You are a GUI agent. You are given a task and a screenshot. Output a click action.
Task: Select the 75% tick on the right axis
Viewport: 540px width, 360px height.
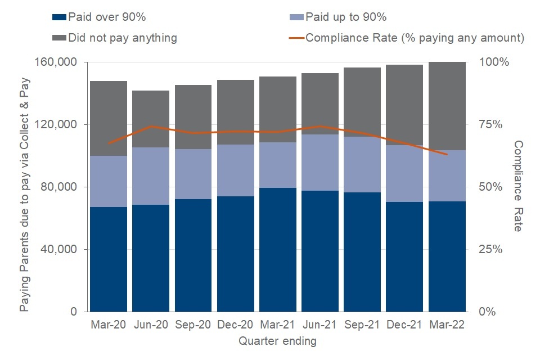coord(493,125)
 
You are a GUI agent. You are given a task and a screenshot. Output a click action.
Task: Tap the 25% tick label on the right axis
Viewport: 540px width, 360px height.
coord(493,249)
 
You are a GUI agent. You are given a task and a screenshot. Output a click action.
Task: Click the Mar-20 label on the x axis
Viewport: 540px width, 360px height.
coord(109,325)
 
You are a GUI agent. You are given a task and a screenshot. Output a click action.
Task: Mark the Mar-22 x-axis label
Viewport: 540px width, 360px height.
coord(447,325)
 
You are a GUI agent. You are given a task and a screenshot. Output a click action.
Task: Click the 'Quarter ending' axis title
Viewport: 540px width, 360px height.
coord(277,341)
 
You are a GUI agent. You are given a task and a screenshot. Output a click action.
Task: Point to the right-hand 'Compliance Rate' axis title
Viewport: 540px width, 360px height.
coord(518,186)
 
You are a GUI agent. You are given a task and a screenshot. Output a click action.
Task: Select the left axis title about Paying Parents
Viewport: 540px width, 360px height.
coord(25,186)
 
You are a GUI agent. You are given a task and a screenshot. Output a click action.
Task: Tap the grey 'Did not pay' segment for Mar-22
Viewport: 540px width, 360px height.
coord(447,106)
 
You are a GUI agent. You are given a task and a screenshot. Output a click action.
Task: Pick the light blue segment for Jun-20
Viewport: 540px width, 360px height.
coord(151,176)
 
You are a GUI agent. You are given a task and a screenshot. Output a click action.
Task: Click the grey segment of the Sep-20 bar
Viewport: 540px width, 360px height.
coord(193,117)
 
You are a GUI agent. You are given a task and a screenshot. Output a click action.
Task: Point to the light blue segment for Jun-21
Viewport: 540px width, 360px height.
coord(320,163)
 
